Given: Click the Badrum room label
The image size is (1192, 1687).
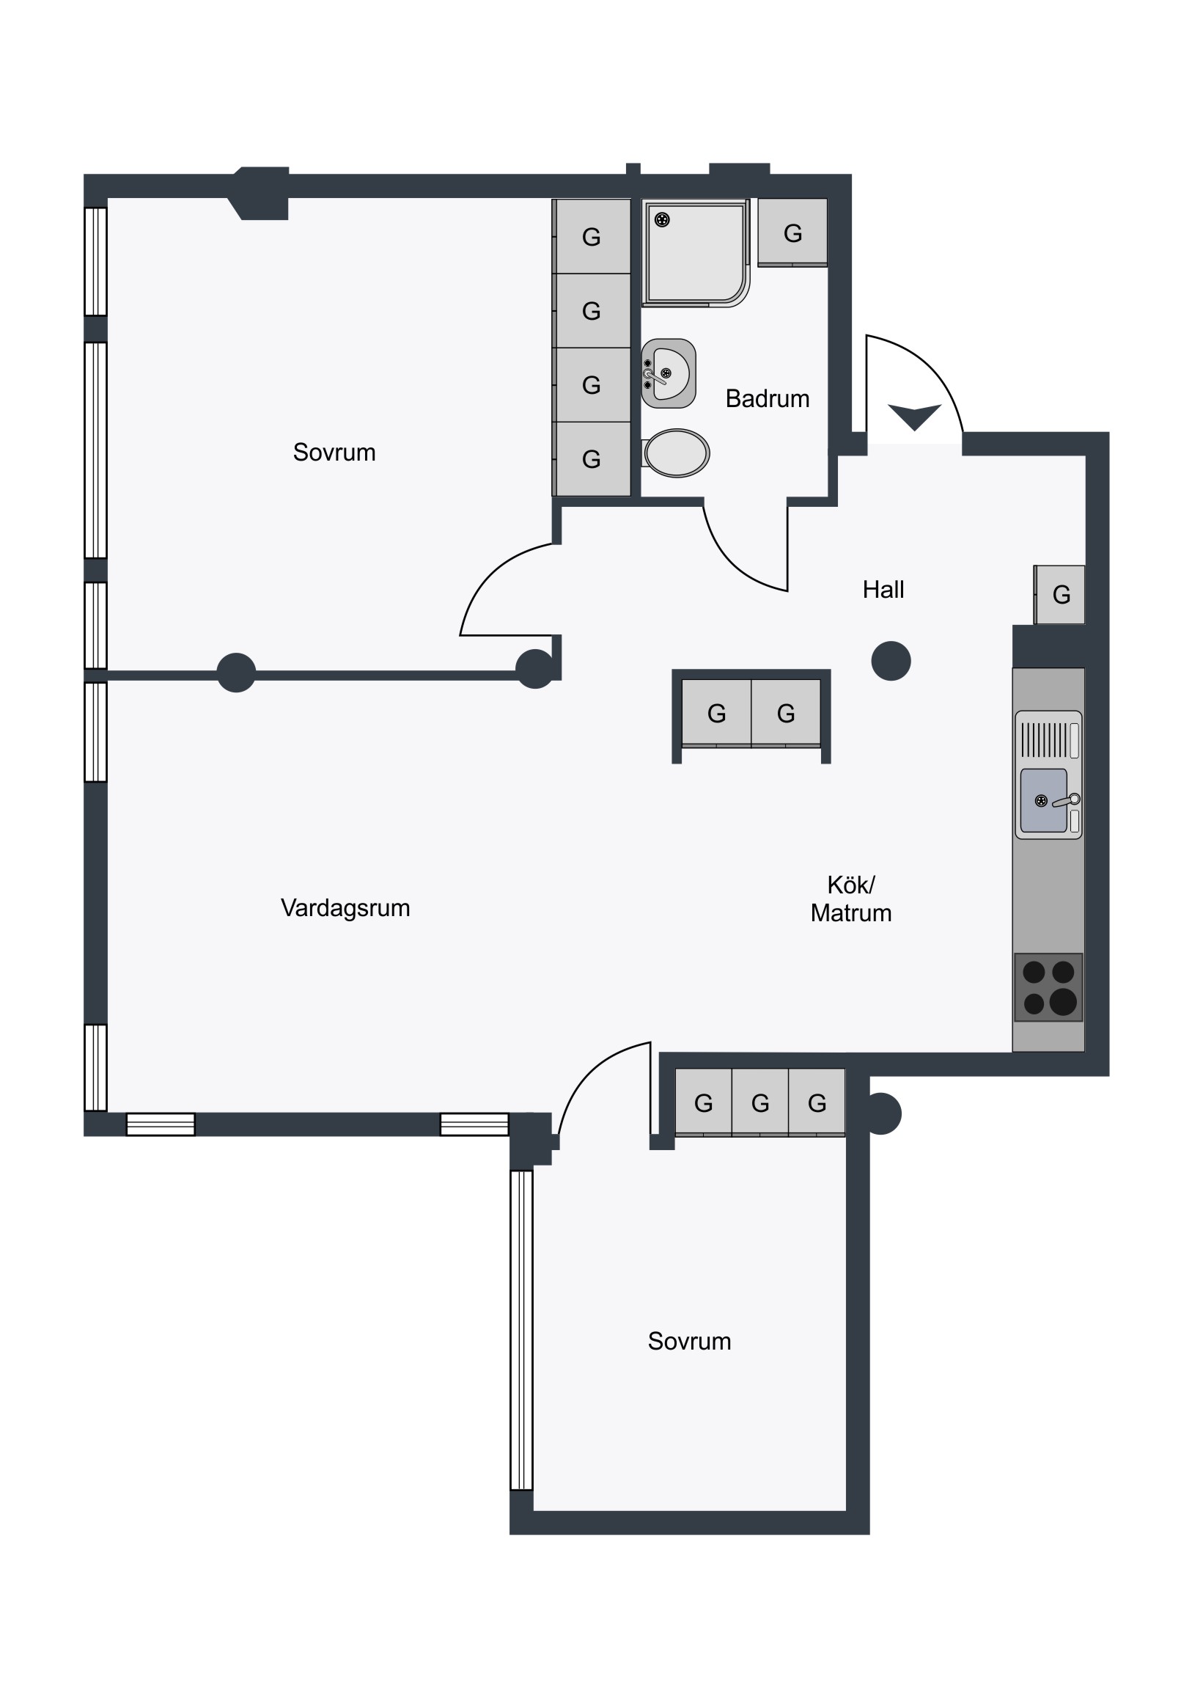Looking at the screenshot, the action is coord(768,398).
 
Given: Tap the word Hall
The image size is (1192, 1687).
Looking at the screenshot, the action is coord(883,589).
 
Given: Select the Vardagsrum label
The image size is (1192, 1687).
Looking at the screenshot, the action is coord(345,908).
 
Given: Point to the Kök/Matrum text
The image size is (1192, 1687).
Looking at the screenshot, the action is coord(851,899).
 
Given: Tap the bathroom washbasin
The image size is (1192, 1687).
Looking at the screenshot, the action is coord(669,373).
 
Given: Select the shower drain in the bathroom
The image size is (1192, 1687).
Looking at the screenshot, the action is coord(663,220).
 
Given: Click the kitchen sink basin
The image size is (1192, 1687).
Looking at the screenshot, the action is coord(1044,800).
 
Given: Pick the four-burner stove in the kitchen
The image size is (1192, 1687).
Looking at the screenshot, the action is coord(1049,987).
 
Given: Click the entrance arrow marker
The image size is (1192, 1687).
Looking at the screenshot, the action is coord(914,417).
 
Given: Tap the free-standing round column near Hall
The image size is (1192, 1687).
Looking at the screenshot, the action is coord(891,661).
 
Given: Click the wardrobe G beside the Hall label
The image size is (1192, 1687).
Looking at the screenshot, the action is coord(1060,594).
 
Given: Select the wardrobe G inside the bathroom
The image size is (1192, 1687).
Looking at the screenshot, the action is coord(792,233).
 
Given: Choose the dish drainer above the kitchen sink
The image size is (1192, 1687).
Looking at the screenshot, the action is coord(1049,740).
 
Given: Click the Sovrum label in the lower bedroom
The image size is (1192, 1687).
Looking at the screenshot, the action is coord(689,1341).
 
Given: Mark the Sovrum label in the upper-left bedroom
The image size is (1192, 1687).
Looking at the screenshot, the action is coord(334,452).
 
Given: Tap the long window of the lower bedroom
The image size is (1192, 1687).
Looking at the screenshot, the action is coord(521,1330).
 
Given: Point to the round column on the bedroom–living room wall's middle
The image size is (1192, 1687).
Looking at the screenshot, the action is coord(237,673).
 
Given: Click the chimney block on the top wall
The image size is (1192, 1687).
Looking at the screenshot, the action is coord(261,193).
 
